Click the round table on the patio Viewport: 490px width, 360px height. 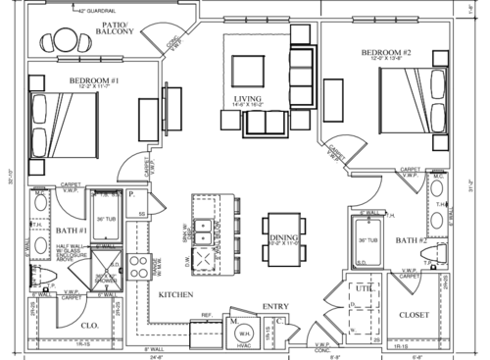tap(63, 41)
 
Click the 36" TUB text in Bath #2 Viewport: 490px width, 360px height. tap(364, 239)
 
